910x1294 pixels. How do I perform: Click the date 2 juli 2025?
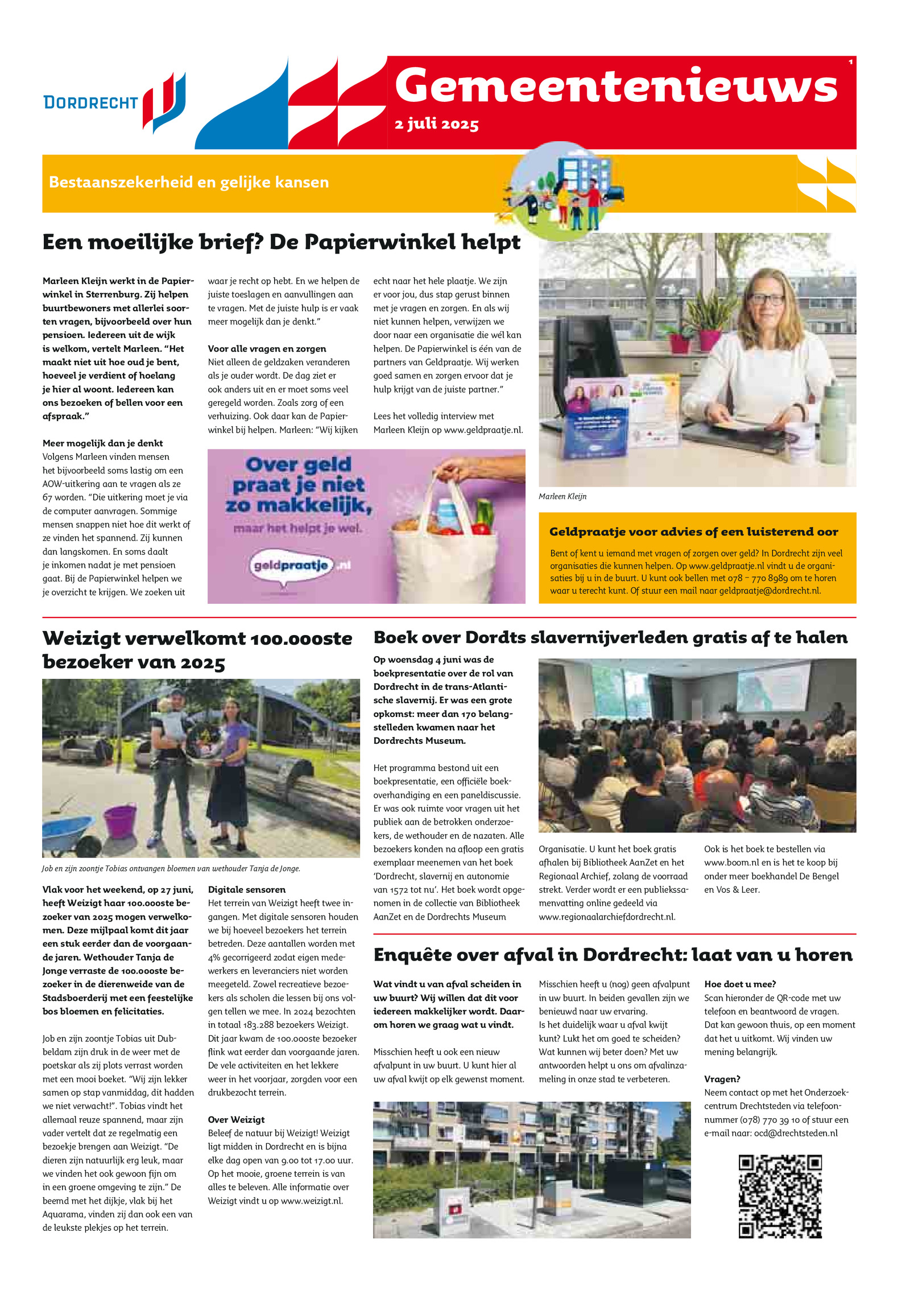(x=436, y=124)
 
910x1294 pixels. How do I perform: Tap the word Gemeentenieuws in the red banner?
(x=616, y=86)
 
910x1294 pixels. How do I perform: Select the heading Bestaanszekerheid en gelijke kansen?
(x=189, y=182)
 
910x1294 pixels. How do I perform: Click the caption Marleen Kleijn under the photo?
(x=562, y=497)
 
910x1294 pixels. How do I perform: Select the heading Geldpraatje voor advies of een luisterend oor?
(x=693, y=532)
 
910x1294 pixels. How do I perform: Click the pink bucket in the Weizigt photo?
(x=120, y=820)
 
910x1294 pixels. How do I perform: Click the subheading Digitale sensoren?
(x=247, y=890)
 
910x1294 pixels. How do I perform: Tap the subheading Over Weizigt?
(x=236, y=1120)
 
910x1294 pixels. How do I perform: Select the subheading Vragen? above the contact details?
(x=722, y=1079)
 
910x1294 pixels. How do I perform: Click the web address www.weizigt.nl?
(x=312, y=1201)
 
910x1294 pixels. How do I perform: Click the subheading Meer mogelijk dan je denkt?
(x=102, y=443)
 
